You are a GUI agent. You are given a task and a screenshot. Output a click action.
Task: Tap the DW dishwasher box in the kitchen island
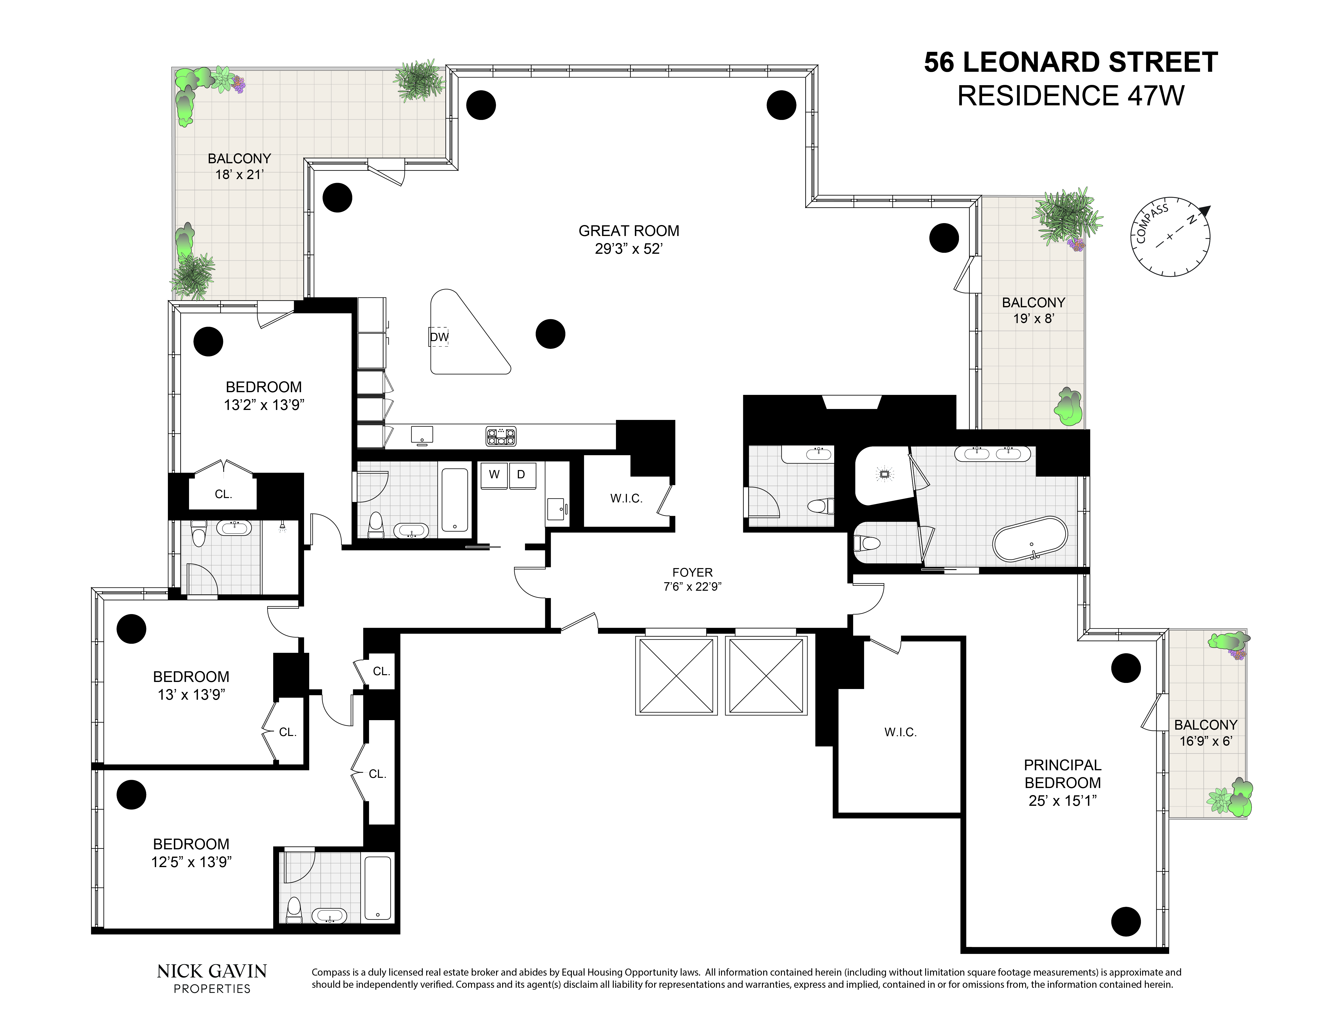[x=439, y=336]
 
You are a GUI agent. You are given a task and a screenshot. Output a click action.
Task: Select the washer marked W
[x=494, y=475]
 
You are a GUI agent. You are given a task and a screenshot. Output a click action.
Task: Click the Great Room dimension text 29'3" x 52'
[x=629, y=249]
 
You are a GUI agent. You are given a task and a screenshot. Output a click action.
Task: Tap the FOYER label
[x=692, y=572]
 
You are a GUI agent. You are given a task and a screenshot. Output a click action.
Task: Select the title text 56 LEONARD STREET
[x=1070, y=63]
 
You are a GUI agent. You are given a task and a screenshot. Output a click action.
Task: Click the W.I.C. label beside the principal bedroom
[x=900, y=732]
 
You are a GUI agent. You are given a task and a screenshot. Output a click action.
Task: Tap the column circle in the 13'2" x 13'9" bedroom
[x=208, y=341]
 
